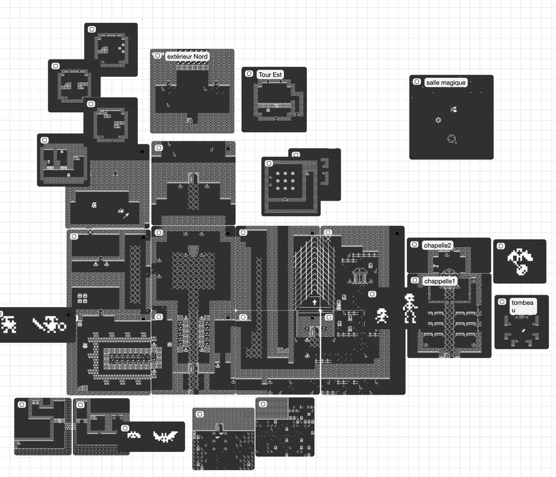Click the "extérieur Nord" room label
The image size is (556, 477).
click(187, 57)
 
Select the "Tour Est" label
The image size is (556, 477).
click(270, 74)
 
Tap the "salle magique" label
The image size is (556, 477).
click(446, 82)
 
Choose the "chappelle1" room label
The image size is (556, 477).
click(440, 281)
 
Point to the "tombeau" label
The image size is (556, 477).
click(522, 306)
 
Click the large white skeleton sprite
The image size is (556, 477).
click(410, 309)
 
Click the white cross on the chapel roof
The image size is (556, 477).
click(314, 303)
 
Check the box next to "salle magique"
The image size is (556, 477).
click(416, 82)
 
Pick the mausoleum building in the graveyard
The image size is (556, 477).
click(360, 275)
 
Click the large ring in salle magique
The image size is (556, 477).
click(452, 138)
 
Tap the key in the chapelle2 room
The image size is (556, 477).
click(436, 267)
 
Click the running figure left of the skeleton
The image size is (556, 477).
click(382, 316)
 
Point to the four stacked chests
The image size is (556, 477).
click(82, 298)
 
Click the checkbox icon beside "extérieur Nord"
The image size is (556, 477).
click(157, 56)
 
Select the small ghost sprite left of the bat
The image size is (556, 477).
click(134, 435)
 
